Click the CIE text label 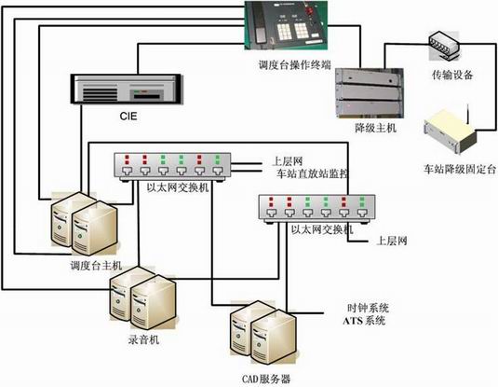pyautogui.click(x=128, y=116)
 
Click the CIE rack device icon pyautogui.click(x=126, y=89)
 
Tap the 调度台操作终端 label pyautogui.click(x=295, y=65)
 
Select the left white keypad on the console pyautogui.click(x=284, y=31)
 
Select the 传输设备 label pyautogui.click(x=452, y=75)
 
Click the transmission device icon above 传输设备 pyautogui.click(x=444, y=45)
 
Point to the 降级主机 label pyautogui.click(x=375, y=128)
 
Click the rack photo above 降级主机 pyautogui.click(x=370, y=93)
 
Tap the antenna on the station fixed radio pyautogui.click(x=468, y=114)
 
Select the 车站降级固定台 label pyautogui.click(x=460, y=169)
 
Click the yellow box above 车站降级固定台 pyautogui.click(x=450, y=131)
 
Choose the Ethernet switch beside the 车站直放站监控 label pyautogui.click(x=172, y=167)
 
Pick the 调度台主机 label pyautogui.click(x=96, y=266)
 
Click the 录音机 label pyautogui.click(x=143, y=339)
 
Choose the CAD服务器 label pyautogui.click(x=266, y=379)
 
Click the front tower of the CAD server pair pyautogui.click(x=274, y=337)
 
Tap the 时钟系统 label pyautogui.click(x=368, y=308)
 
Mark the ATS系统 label pyautogui.click(x=364, y=321)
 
